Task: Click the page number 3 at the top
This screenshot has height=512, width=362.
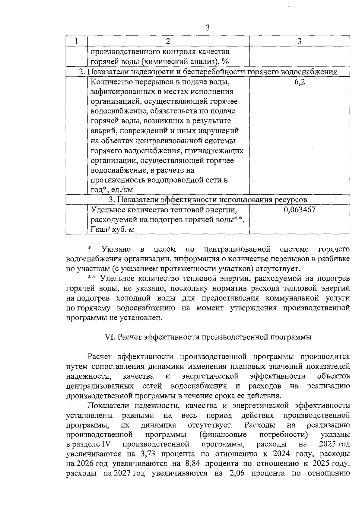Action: [x=208, y=28]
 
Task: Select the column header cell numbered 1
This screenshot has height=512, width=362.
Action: [x=77, y=41]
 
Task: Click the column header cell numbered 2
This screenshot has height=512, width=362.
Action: [x=168, y=41]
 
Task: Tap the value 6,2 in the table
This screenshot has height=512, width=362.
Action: [x=300, y=82]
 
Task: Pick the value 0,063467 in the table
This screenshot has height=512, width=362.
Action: [x=300, y=210]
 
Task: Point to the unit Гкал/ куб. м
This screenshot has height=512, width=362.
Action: [x=112, y=230]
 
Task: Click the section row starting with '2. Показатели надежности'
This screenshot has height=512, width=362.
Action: [x=208, y=72]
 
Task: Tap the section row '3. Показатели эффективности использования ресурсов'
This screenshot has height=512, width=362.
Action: [x=208, y=200]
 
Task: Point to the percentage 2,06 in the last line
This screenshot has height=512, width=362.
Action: [x=237, y=473]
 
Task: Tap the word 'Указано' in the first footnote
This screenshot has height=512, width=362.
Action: [x=116, y=249]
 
